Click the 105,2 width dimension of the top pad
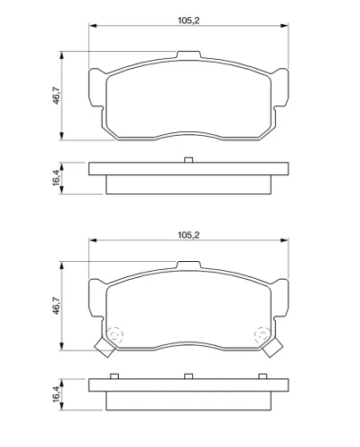click(188, 21)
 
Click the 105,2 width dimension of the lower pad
click(188, 235)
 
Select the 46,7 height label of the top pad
click(56, 96)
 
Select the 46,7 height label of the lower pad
click(56, 306)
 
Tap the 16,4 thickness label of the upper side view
click(56, 178)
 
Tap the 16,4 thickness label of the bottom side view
click(56, 394)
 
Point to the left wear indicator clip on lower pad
click(105, 348)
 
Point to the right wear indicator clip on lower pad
click(272, 348)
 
